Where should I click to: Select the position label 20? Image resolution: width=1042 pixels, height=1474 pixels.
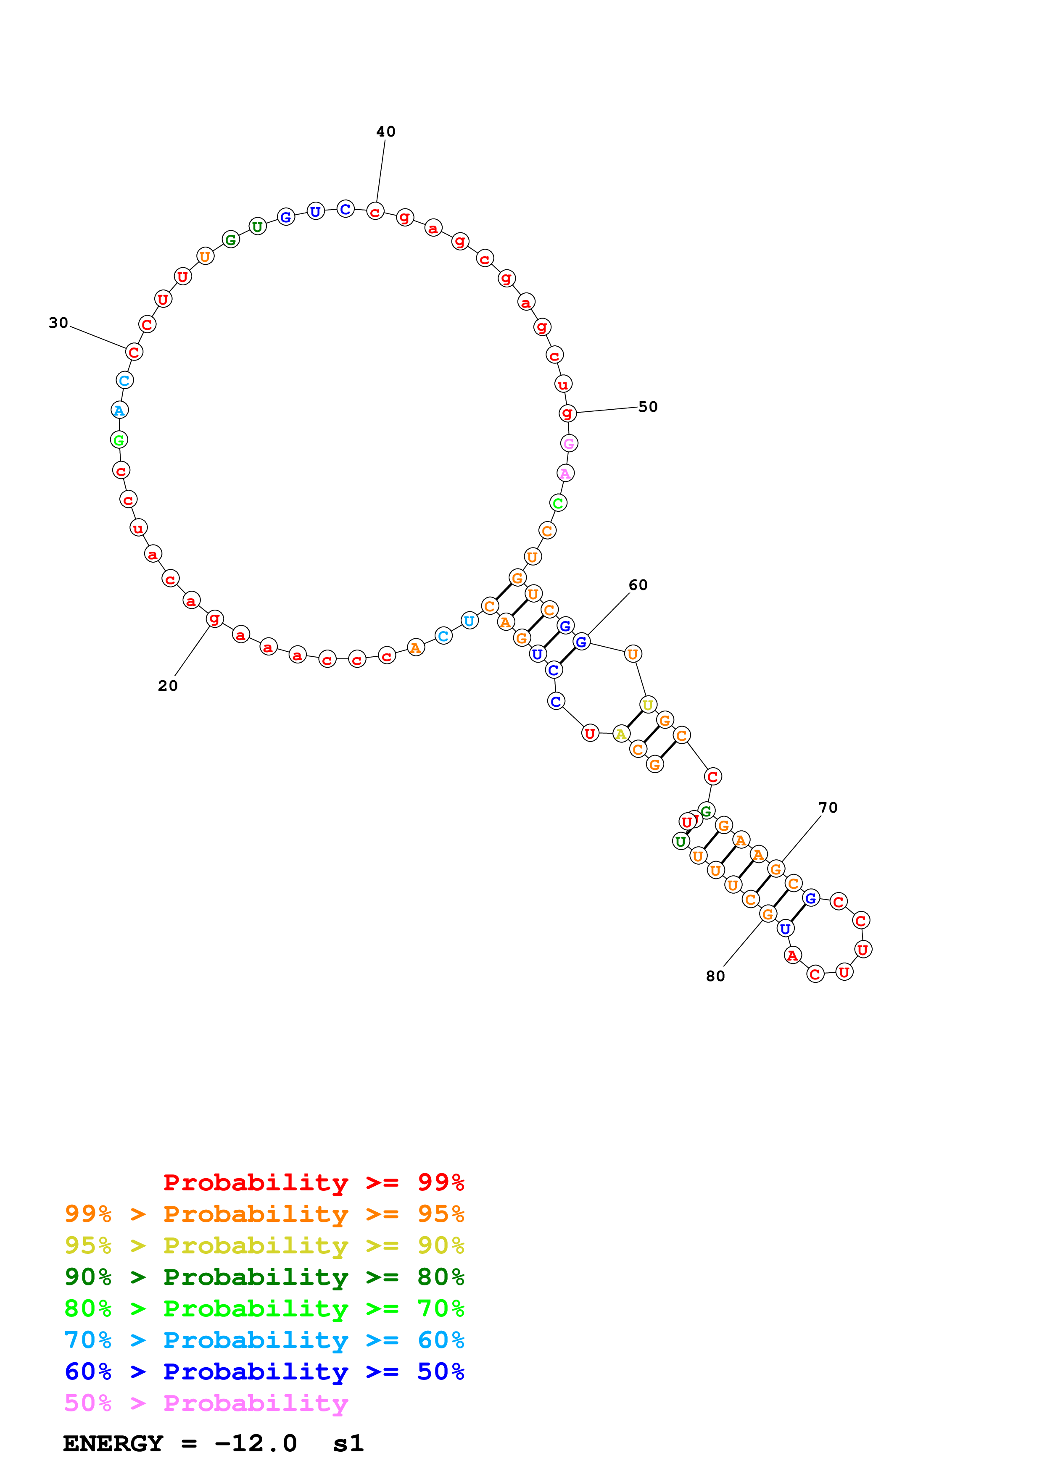(168, 686)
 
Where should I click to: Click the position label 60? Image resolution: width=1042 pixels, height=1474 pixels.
(638, 585)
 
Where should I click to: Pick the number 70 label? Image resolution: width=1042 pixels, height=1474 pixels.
(828, 808)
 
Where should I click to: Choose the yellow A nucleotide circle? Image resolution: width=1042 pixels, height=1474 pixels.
(620, 734)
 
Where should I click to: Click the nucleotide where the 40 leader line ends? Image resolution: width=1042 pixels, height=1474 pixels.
(375, 211)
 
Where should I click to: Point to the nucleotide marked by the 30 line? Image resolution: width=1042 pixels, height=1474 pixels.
(134, 352)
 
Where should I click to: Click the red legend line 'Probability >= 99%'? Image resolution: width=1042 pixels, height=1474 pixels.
(313, 1182)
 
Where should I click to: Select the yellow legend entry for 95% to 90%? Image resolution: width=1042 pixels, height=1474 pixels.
(264, 1245)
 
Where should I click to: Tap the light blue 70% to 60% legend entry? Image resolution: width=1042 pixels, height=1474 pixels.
(264, 1340)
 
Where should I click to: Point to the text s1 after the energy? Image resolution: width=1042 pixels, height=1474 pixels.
(348, 1444)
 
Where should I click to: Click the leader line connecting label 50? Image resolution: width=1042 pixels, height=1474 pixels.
(607, 410)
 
